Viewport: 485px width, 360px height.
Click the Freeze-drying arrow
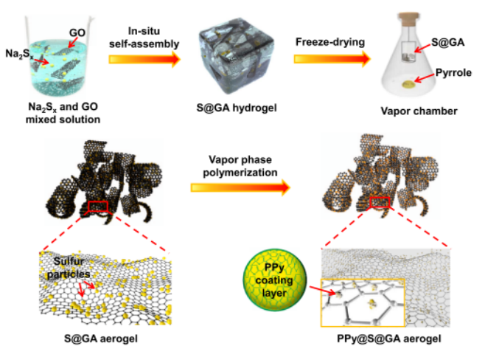[x=329, y=61]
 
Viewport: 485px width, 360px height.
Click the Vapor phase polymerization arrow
[x=245, y=187]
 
